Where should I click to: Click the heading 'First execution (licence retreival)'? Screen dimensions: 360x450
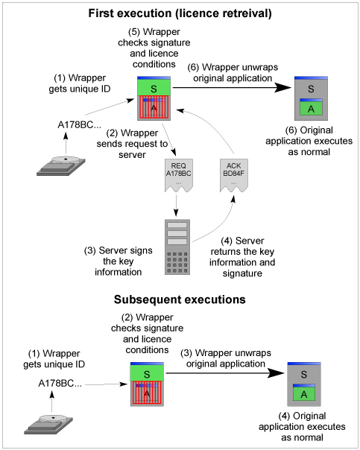coord(180,13)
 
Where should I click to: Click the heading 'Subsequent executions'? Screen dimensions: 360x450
coord(180,300)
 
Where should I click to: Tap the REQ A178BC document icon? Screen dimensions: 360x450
coord(179,175)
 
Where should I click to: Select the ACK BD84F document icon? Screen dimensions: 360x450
coord(234,175)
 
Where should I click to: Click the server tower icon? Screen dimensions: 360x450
coord(177,247)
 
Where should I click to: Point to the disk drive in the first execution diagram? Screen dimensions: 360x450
coord(61,166)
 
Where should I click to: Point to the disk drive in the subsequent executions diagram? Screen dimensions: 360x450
coord(48,424)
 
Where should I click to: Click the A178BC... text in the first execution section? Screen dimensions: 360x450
coord(79,125)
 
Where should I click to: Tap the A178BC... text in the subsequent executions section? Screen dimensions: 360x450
coord(60,384)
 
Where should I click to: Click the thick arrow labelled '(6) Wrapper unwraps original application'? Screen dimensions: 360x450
coord(232,87)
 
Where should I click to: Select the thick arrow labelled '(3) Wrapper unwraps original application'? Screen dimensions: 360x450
coord(225,373)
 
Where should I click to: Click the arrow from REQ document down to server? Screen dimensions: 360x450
coord(176,206)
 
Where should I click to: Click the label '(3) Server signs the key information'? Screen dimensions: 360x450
coord(119,261)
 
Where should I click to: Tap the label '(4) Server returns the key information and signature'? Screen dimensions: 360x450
coord(242,257)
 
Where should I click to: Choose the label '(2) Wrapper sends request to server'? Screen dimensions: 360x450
coord(132,144)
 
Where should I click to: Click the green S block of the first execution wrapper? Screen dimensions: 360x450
coord(154,87)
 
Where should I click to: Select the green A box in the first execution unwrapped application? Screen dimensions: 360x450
coord(311,108)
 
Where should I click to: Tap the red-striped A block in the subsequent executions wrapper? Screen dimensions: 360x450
coord(147,393)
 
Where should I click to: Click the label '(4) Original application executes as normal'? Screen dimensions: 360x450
coord(302,426)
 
